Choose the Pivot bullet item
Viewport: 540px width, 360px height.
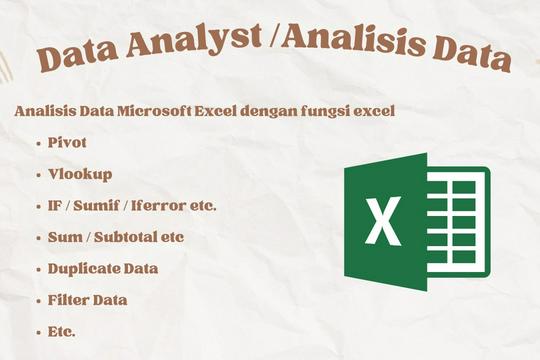[67, 142]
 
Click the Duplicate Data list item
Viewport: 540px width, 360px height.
[103, 268]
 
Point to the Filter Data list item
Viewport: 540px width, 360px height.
[87, 299]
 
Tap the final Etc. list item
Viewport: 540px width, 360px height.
[62, 330]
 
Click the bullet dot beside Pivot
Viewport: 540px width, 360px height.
[38, 143]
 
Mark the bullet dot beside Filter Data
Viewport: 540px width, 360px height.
[38, 300]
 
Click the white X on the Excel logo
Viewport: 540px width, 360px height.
[382, 223]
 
